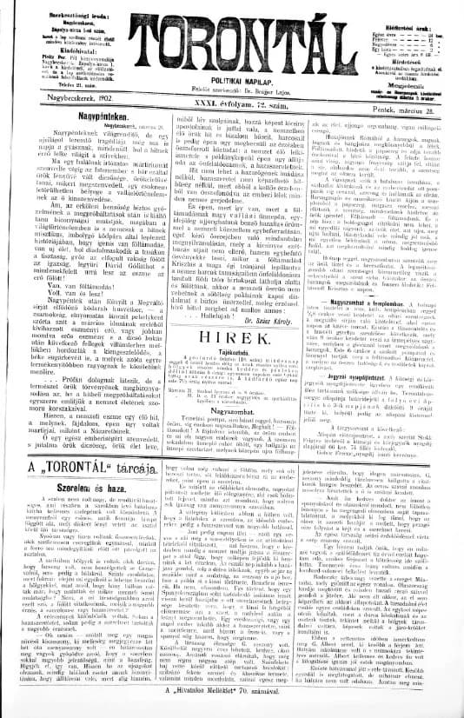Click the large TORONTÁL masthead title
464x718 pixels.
(x=233, y=40)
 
